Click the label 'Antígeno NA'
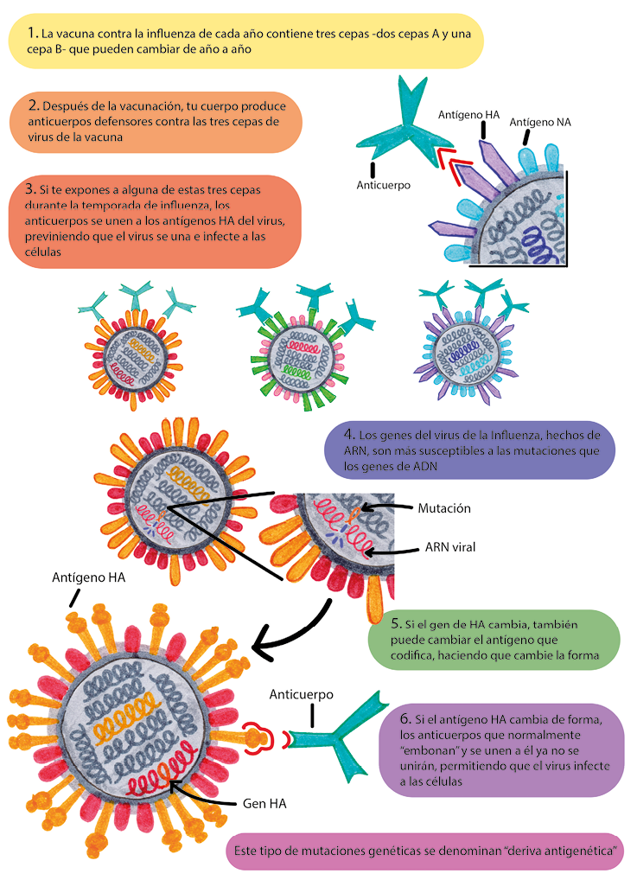point(540,122)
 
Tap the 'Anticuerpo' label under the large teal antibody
point(383,185)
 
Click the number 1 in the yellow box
point(32,33)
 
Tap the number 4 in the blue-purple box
point(348,435)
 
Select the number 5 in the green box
point(395,623)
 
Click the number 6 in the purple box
point(405,719)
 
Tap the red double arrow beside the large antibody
point(449,165)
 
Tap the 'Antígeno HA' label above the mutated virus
point(88,578)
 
